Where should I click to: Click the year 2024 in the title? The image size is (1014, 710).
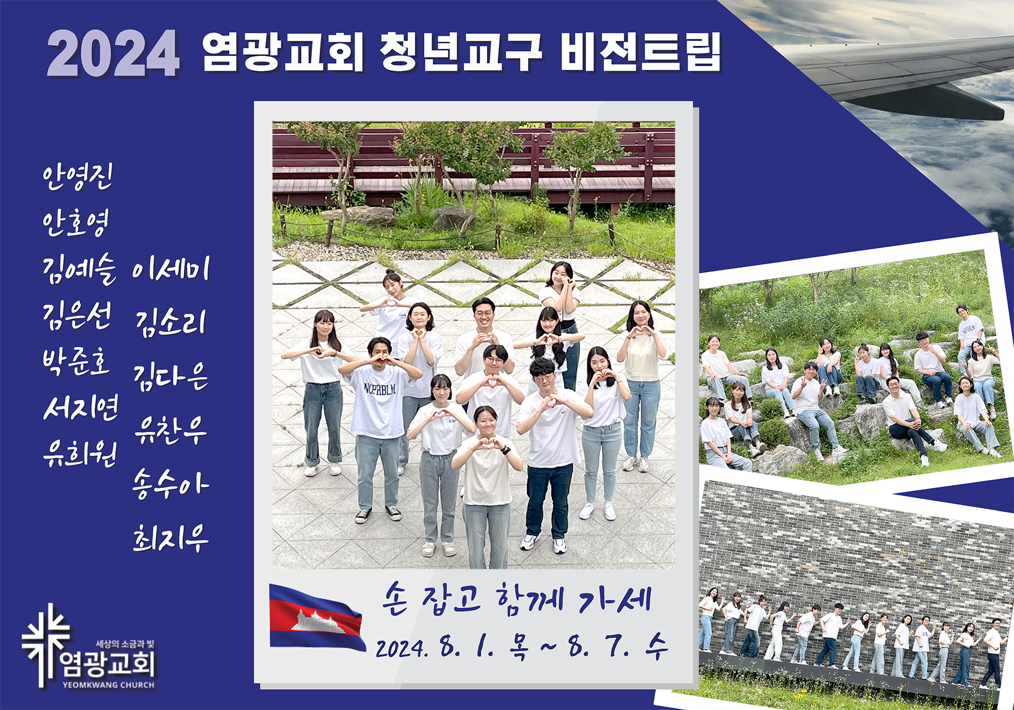pos(114,53)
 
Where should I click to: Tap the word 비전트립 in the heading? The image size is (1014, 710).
pos(641,52)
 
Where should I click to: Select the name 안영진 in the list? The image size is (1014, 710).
pos(78,177)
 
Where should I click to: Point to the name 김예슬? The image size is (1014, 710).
pos(80,269)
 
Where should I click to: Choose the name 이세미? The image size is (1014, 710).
pos(171,269)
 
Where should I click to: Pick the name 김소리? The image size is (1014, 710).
pos(171,323)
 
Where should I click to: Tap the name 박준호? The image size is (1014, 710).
pos(76,361)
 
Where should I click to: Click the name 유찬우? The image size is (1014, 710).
pos(171,430)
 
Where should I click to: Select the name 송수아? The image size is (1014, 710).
pos(171,484)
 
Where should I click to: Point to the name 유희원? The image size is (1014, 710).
pos(80,454)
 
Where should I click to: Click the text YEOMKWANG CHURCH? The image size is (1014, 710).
pos(108,685)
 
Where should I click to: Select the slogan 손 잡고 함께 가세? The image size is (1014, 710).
pos(517,599)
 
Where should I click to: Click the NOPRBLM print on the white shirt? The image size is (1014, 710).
pos(380,389)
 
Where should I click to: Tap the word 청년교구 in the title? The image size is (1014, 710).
pos(461,52)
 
